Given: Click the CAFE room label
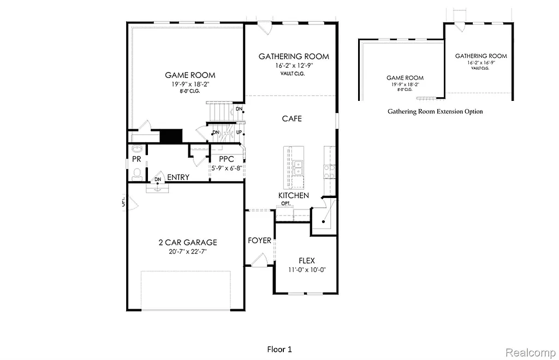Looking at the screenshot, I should [x=292, y=118].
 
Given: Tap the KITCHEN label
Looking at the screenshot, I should [x=294, y=195].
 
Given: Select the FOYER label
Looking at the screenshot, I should [x=259, y=241].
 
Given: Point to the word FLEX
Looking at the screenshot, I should [x=306, y=261].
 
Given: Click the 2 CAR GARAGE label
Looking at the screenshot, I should [x=188, y=242].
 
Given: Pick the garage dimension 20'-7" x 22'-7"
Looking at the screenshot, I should [x=188, y=251].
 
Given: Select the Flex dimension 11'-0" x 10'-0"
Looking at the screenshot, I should [x=307, y=270].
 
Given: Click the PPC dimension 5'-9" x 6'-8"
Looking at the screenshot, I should [x=227, y=169].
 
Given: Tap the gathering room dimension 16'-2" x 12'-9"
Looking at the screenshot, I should [x=294, y=66].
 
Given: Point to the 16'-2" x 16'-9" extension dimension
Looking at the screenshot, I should [x=481, y=63].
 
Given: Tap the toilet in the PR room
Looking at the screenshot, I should [x=137, y=173].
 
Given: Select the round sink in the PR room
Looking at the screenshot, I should [x=136, y=149].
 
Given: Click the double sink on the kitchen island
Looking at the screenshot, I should [x=298, y=169].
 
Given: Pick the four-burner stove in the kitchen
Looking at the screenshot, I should [x=329, y=171].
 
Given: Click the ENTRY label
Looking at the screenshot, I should [x=178, y=177].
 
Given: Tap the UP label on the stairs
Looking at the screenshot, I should [x=239, y=133].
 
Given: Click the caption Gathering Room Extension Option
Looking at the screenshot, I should [x=435, y=111].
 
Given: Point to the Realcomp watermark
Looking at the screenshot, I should [x=529, y=352].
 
